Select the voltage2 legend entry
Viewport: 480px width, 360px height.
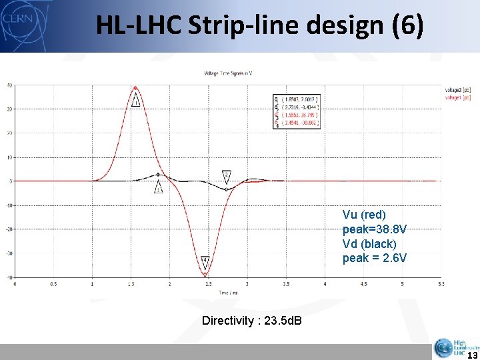pyautogui.click(x=457, y=89)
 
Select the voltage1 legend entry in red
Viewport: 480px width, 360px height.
pyautogui.click(x=457, y=97)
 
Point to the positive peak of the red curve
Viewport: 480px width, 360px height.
pyautogui.click(x=135, y=87)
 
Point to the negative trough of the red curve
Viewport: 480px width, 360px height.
pyautogui.click(x=205, y=274)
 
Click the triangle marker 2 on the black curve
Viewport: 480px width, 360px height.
pyautogui.click(x=227, y=175)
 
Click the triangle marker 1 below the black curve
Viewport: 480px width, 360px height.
pyautogui.click(x=158, y=189)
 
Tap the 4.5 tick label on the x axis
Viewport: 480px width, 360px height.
pyautogui.click(x=363, y=284)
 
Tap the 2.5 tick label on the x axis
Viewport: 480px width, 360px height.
pyautogui.click(x=209, y=284)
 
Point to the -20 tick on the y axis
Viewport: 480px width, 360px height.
pyautogui.click(x=10, y=229)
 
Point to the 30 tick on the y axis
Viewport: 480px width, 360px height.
pyautogui.click(x=10, y=109)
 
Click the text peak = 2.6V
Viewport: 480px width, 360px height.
pyautogui.click(x=374, y=257)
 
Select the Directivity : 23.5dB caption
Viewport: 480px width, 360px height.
pyautogui.click(x=251, y=321)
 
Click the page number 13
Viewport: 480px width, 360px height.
pyautogui.click(x=469, y=355)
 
